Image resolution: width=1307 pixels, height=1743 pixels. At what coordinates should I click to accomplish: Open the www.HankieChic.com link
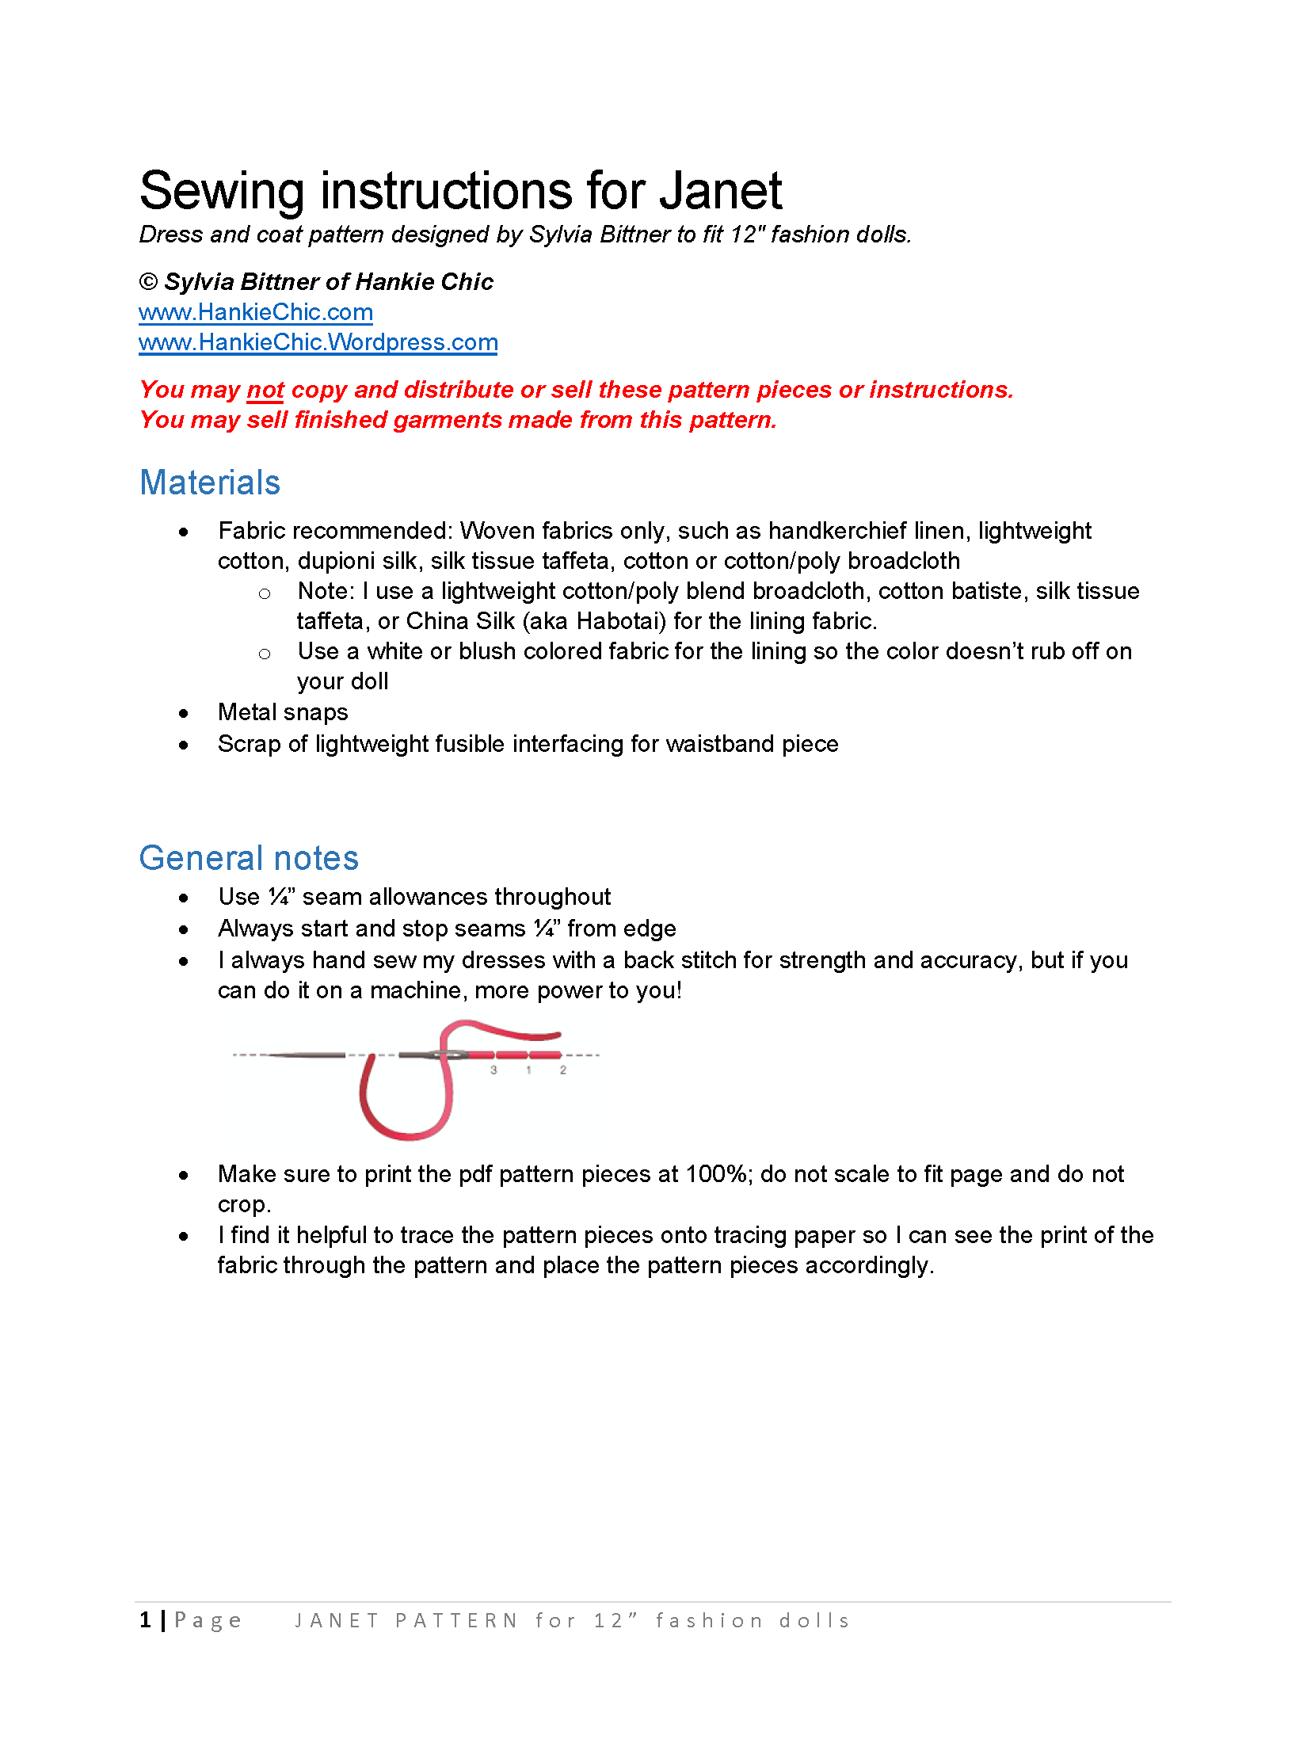tap(255, 312)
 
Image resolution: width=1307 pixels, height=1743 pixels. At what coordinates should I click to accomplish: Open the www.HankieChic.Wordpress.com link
tap(318, 342)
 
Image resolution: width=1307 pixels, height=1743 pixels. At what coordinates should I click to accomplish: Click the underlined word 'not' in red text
tap(265, 390)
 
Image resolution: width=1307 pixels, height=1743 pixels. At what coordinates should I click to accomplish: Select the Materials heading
tap(210, 482)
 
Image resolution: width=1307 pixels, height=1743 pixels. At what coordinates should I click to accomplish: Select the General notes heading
tap(249, 858)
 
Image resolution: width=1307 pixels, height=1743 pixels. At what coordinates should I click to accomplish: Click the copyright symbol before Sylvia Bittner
tap(148, 282)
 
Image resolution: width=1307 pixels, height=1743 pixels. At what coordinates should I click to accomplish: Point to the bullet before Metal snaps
tap(184, 713)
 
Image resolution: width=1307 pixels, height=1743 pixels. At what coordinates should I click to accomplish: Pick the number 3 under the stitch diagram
tap(493, 1070)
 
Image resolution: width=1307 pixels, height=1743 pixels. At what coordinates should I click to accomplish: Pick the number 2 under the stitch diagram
tap(563, 1070)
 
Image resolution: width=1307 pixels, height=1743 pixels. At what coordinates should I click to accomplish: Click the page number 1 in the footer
tap(146, 1620)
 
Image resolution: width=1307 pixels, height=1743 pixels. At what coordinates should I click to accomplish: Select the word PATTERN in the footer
tap(456, 1621)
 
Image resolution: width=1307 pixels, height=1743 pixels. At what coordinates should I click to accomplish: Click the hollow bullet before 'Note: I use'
tap(265, 593)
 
